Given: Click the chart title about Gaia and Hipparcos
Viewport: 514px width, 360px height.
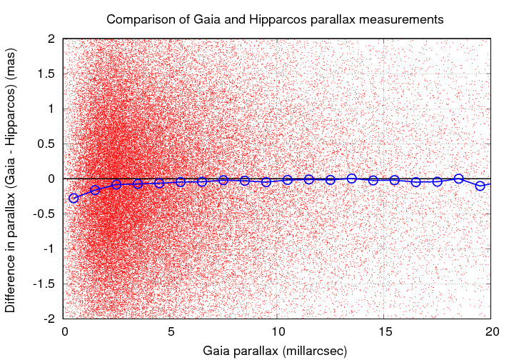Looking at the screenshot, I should coord(275,19).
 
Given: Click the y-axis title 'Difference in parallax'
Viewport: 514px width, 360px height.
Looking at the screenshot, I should coord(12,179).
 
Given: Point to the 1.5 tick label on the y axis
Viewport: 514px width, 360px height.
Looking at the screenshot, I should coord(48,74).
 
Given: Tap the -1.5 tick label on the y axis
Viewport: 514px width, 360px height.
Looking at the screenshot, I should coord(46,284).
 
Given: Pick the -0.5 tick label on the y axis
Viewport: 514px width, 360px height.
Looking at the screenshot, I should coord(46,214).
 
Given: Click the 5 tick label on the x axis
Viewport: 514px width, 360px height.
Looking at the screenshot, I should coord(171,332).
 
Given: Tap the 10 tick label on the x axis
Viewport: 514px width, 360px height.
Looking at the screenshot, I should coord(278,332).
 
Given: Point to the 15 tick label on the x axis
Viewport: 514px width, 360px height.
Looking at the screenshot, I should coord(384,332).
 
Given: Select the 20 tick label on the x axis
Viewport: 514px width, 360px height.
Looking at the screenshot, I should coord(491,332).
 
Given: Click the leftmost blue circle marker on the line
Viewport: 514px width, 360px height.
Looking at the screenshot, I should coord(74,198).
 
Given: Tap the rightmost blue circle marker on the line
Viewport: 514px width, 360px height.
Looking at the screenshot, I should coord(480,186).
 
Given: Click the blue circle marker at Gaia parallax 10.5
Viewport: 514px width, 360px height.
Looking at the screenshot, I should coord(288,180).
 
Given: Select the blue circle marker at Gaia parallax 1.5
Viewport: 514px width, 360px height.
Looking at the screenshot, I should coord(95,190).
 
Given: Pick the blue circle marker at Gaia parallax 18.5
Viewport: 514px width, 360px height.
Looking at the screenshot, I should coord(459,179).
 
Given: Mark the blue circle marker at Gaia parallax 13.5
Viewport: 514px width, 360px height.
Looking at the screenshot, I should coord(352,178).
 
